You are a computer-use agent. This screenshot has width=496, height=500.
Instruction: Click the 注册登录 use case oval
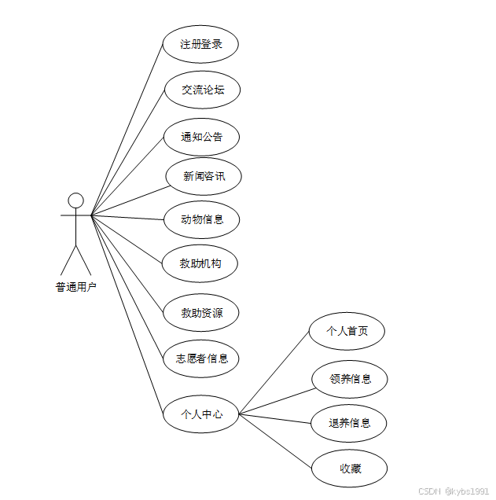pos(200,44)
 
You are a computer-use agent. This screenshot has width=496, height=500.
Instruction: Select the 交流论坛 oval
pos(202,90)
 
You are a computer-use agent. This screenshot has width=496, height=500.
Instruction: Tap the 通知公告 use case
pos(201,137)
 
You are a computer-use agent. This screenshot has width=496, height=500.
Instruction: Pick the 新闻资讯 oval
pos(204,176)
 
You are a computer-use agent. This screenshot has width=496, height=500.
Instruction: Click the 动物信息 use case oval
pos(201,219)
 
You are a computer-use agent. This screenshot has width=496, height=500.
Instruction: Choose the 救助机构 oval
pos(200,263)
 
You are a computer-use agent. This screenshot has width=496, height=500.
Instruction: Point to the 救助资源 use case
pos(201,313)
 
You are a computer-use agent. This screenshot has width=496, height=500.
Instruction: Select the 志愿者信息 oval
pos(200,358)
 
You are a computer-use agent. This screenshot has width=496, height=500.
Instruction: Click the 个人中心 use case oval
pos(201,414)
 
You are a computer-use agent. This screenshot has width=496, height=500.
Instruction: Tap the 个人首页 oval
pos(347,331)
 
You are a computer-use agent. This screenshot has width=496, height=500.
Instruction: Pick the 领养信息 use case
pos(350,379)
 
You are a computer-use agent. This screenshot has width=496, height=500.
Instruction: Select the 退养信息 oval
pos(350,423)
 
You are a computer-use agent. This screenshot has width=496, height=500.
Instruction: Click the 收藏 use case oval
pos(350,469)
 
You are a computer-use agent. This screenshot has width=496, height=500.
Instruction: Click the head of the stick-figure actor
pos(75,200)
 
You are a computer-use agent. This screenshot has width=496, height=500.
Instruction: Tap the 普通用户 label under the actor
pos(75,287)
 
